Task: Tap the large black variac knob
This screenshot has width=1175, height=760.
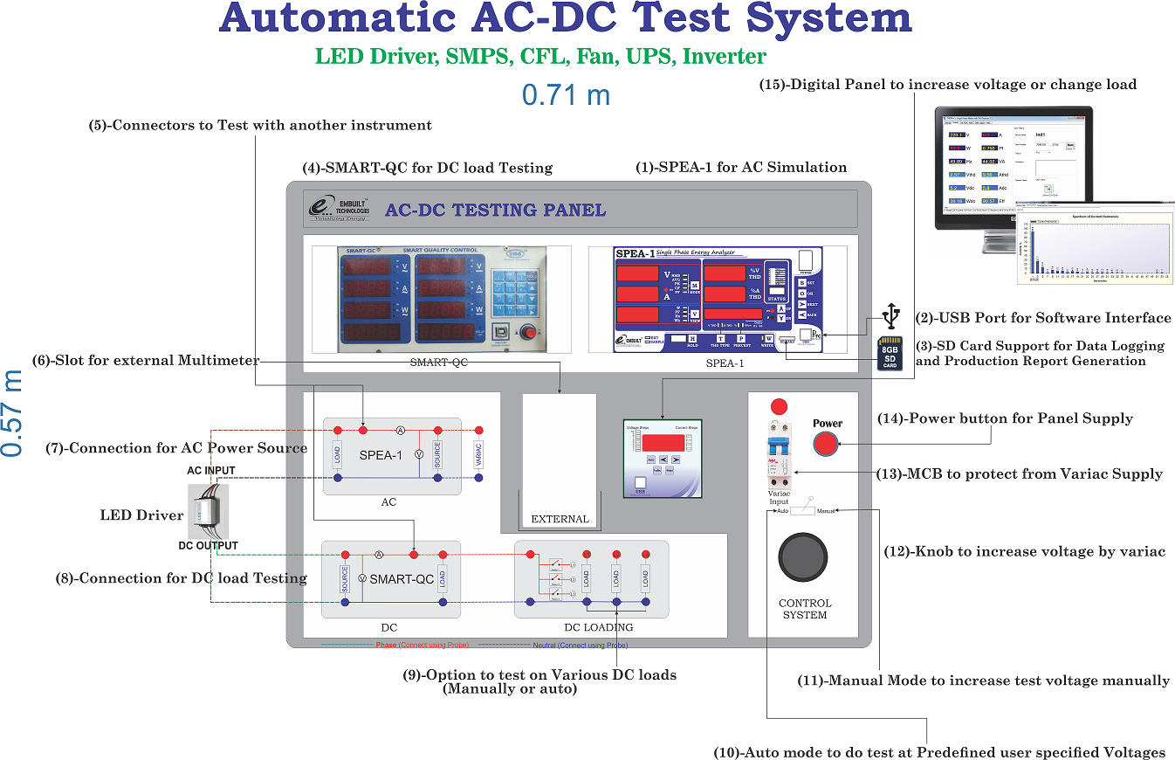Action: (x=802, y=556)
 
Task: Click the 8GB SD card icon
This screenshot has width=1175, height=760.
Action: (x=890, y=353)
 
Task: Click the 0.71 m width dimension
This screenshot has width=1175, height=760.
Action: (x=566, y=93)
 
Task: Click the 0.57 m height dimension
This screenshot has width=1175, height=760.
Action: (x=12, y=412)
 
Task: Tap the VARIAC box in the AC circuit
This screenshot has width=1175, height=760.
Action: (x=478, y=455)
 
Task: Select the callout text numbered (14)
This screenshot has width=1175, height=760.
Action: (x=1005, y=418)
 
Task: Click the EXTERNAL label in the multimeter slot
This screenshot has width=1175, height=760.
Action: (x=560, y=519)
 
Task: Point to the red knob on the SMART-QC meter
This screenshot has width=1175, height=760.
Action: (x=526, y=332)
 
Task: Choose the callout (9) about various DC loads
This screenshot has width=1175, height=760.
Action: (x=539, y=681)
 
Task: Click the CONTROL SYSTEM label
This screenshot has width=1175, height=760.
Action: (x=804, y=609)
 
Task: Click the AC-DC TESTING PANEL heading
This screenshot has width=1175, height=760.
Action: (x=495, y=210)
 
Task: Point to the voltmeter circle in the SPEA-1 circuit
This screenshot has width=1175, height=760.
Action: (x=418, y=455)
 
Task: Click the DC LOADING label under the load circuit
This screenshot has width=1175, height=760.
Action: (x=598, y=627)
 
